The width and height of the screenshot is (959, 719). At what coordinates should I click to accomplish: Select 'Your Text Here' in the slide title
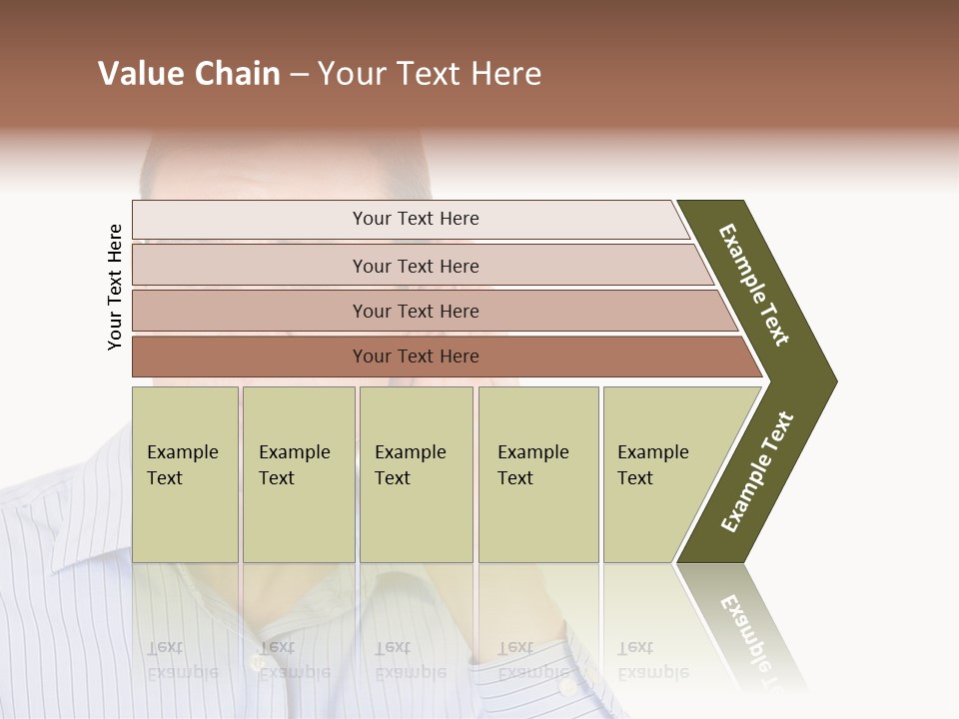[x=430, y=74]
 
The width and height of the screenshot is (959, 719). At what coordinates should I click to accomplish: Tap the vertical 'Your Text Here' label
[x=115, y=287]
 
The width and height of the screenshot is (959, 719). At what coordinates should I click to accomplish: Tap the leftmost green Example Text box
[x=185, y=473]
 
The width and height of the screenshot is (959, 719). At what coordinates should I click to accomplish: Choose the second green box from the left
[x=299, y=473]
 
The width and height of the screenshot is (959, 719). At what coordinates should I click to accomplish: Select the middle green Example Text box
[x=416, y=473]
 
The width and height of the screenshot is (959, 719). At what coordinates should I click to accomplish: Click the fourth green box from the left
[x=538, y=473]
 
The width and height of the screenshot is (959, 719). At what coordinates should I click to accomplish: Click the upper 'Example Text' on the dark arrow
[x=754, y=285]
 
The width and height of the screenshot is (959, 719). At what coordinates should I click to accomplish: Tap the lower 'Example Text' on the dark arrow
[x=757, y=472]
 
